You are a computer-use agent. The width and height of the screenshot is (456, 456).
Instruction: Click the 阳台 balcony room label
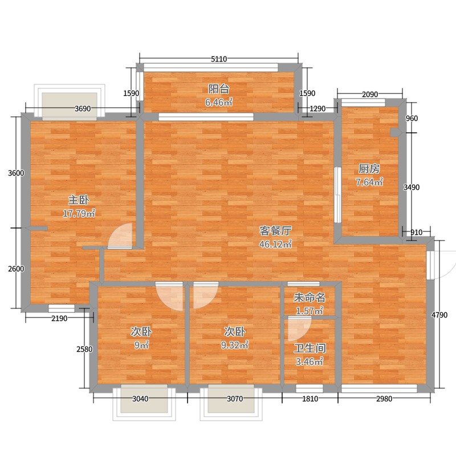pos(219,89)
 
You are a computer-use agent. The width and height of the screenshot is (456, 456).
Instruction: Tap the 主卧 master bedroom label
pos(79,200)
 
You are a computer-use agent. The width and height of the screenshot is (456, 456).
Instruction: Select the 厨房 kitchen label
pos(369,169)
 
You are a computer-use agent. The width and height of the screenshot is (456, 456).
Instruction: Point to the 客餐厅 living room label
pos(275,231)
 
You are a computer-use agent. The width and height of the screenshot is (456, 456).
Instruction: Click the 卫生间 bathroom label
pos(310,348)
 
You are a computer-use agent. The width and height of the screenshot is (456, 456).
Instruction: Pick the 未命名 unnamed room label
pos(310,298)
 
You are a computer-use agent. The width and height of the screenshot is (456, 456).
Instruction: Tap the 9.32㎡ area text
pos(234,345)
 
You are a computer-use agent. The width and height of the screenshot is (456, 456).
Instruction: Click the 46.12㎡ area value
pos(275,245)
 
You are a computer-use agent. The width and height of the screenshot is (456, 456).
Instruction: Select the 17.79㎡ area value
pos(79,213)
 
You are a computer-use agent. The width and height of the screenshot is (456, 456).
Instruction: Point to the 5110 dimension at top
pos(219,59)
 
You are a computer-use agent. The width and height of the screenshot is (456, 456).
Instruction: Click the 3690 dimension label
pos(83,108)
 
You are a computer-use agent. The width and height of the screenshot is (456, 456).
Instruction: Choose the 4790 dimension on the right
pos(439,315)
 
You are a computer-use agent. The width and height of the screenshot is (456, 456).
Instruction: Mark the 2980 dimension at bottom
pos(384,398)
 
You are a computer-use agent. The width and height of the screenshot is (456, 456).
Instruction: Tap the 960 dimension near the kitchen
pos(412,119)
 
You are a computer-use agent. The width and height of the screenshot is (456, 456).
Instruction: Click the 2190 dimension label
pos(59,319)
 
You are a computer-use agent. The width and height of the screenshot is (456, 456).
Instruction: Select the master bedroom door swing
pos(120,236)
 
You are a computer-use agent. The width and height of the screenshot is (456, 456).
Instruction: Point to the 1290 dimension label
pos(317,108)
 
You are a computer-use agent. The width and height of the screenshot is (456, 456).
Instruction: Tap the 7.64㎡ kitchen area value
pos(369,182)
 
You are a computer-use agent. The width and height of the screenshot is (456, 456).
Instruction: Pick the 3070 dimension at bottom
pos(235,398)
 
